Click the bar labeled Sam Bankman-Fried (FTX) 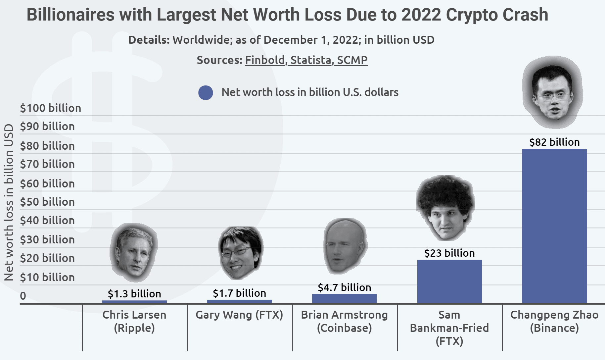pyautogui.click(x=449, y=281)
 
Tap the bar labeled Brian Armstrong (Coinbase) pyautogui.click(x=344, y=298)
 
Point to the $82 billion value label pyautogui.click(x=554, y=142)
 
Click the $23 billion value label pyautogui.click(x=449, y=253)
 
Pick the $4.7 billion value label pyautogui.click(x=344, y=287)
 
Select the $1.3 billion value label pyautogui.click(x=134, y=294)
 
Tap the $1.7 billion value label pyautogui.click(x=239, y=293)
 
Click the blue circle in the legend pyautogui.click(x=206, y=93)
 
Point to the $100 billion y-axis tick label pyautogui.click(x=50, y=108)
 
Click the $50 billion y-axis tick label pyautogui.click(x=47, y=202)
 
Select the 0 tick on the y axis pyautogui.click(x=23, y=296)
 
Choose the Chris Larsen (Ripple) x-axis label pyautogui.click(x=134, y=321)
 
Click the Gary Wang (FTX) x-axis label pyautogui.click(x=239, y=315)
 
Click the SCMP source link pyautogui.click(x=352, y=60)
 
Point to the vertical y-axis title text pyautogui.click(x=9, y=202)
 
